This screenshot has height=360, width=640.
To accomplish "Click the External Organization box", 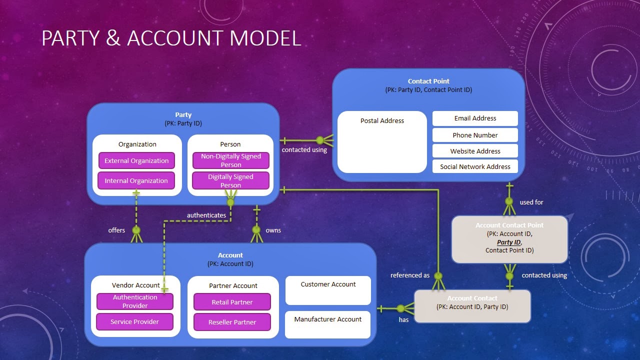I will (x=136, y=161).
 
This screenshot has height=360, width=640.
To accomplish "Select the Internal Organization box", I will (x=136, y=181).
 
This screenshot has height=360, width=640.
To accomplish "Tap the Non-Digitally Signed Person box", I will (x=231, y=160).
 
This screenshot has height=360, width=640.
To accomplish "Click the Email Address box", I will (x=475, y=118).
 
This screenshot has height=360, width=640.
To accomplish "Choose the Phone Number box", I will (x=475, y=135).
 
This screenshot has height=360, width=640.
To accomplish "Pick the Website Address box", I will (x=475, y=151).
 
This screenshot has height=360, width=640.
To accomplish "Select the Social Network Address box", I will (x=475, y=166).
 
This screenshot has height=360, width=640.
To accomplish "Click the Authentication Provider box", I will (x=135, y=301).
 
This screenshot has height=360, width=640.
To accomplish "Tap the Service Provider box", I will (x=134, y=321).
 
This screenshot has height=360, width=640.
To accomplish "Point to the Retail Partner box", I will (x=232, y=302).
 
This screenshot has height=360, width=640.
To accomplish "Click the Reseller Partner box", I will (x=232, y=322).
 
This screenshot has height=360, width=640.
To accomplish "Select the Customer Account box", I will (x=328, y=290).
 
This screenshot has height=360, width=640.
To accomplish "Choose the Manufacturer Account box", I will (x=328, y=324).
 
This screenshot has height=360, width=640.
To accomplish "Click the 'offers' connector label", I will (x=116, y=230).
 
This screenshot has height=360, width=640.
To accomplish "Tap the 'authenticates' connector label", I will (x=206, y=215).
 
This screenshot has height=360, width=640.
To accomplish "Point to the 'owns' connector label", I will (x=273, y=230).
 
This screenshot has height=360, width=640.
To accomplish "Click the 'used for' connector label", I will (x=531, y=202).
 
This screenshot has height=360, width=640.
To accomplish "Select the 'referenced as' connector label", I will (x=410, y=275).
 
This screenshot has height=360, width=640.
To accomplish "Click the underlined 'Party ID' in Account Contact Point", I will (x=509, y=242).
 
